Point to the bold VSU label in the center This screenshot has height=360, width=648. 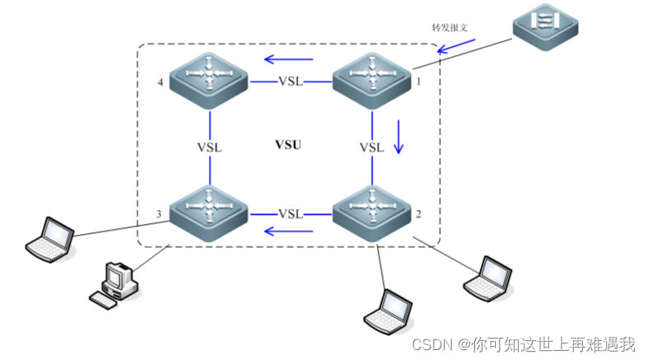point(287,145)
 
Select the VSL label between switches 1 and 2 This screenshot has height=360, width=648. point(371,147)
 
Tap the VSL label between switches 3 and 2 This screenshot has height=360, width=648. point(290,214)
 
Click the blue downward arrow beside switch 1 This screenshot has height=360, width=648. point(399,137)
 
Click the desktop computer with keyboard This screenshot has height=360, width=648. point(114,286)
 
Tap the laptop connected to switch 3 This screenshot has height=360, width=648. point(50,238)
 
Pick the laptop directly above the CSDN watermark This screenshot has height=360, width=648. point(387,311)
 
